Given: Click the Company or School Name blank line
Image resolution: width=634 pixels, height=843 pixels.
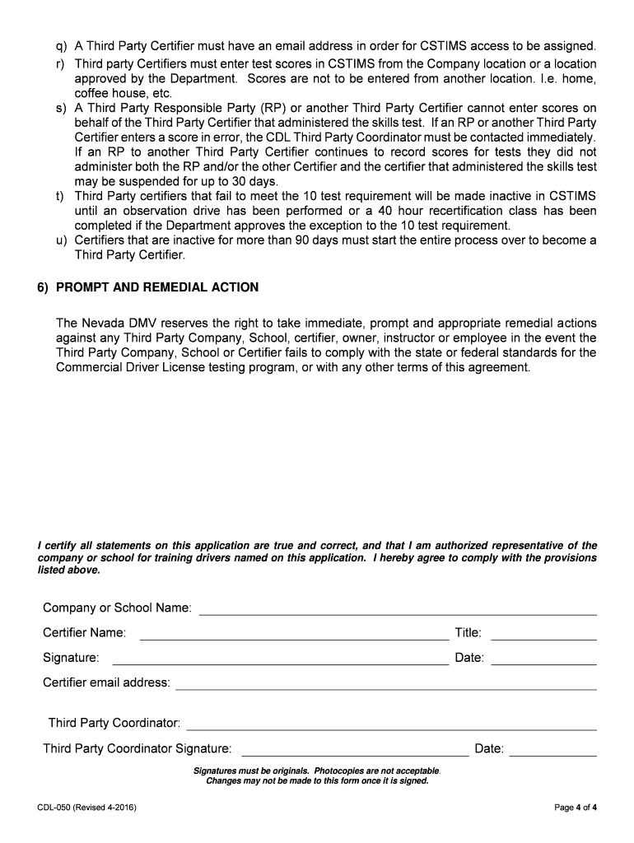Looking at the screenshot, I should tap(398, 610).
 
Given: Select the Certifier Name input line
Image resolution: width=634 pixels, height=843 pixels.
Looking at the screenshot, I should tap(294, 635).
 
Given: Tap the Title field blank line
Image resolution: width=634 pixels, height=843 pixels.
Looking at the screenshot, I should tap(543, 635).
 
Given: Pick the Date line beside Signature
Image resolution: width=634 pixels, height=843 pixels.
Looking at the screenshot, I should tap(543, 659).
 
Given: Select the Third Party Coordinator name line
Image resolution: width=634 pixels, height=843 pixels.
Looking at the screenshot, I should tap(392, 724).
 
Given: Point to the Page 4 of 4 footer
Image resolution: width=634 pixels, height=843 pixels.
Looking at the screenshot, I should tap(576, 808).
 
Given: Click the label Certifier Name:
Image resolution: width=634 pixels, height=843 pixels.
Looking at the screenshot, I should tap(84, 633).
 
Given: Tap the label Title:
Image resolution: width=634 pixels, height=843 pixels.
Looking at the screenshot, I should tap(468, 633).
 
